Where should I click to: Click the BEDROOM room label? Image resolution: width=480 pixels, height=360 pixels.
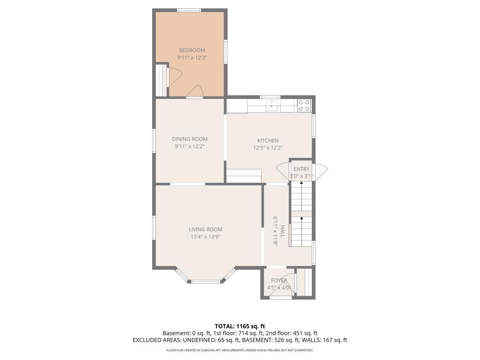tap(192, 50)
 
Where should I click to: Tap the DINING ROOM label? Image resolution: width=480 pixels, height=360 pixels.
tap(190, 139)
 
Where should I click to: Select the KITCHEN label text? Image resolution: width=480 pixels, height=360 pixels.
tap(268, 141)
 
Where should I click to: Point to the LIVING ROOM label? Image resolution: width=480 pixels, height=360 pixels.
tap(205, 229)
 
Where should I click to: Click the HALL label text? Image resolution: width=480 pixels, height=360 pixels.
tap(283, 231)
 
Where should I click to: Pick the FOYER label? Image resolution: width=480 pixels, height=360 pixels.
tap(279, 280)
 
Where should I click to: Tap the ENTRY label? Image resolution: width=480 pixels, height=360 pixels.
tap(301, 169)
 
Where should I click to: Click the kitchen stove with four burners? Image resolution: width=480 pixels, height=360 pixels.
tap(304, 106)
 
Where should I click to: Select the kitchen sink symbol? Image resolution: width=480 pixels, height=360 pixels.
tap(272, 106)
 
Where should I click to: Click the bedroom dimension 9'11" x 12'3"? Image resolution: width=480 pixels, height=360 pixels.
tap(192, 58)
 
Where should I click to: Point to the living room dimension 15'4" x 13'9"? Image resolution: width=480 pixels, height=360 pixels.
tap(205, 237)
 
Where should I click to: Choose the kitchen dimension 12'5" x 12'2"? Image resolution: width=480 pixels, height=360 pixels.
tap(268, 148)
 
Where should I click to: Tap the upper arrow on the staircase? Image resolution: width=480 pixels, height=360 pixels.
tap(301, 196)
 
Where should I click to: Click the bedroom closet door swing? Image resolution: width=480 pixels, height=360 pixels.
tap(175, 76)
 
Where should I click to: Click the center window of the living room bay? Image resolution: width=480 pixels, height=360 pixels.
tap(206, 282)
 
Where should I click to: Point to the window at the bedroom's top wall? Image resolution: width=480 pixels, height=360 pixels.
tap(190, 11)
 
